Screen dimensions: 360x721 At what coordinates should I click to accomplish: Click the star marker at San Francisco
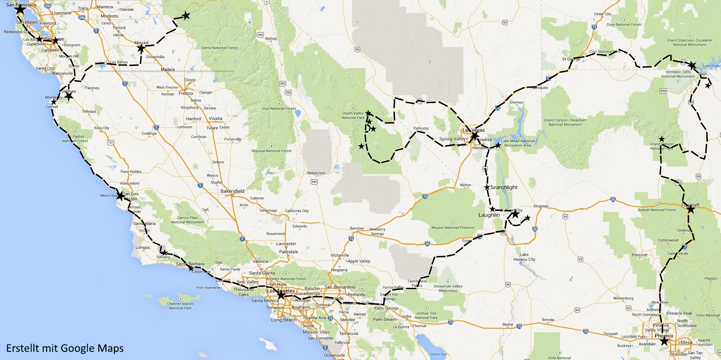(x=20, y=10)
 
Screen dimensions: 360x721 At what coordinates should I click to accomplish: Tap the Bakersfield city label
(x=232, y=191)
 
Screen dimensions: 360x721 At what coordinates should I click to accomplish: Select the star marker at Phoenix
(x=664, y=341)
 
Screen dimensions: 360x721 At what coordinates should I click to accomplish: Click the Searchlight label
(x=504, y=187)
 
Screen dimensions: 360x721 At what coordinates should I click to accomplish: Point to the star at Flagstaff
(x=691, y=209)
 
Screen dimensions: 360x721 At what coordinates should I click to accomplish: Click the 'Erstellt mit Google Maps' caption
(x=65, y=348)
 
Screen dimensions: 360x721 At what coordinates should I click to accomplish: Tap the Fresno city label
(x=186, y=93)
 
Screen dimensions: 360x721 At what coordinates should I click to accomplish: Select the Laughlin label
(x=489, y=215)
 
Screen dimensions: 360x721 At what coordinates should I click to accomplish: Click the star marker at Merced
(x=141, y=48)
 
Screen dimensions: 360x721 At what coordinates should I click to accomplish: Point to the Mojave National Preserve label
(x=453, y=228)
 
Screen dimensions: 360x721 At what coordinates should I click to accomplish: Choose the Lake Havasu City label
(x=524, y=257)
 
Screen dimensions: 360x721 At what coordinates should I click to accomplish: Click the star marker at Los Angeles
(x=281, y=296)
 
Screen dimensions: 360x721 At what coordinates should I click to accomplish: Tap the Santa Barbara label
(x=190, y=264)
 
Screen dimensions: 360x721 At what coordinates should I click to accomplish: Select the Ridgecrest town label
(x=316, y=173)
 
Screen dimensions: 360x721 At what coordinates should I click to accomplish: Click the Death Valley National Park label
(x=353, y=115)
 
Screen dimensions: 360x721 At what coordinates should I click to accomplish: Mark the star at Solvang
(x=164, y=253)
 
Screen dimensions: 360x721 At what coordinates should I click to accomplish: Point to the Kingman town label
(x=541, y=206)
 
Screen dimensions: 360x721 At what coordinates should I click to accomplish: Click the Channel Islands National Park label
(x=180, y=306)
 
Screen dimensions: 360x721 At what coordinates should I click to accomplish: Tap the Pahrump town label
(x=421, y=128)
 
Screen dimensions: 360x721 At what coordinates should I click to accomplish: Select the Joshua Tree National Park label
(x=426, y=315)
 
